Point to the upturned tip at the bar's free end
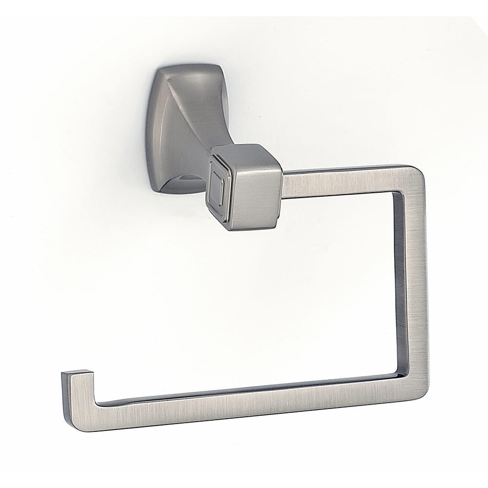click(x=78, y=390)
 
